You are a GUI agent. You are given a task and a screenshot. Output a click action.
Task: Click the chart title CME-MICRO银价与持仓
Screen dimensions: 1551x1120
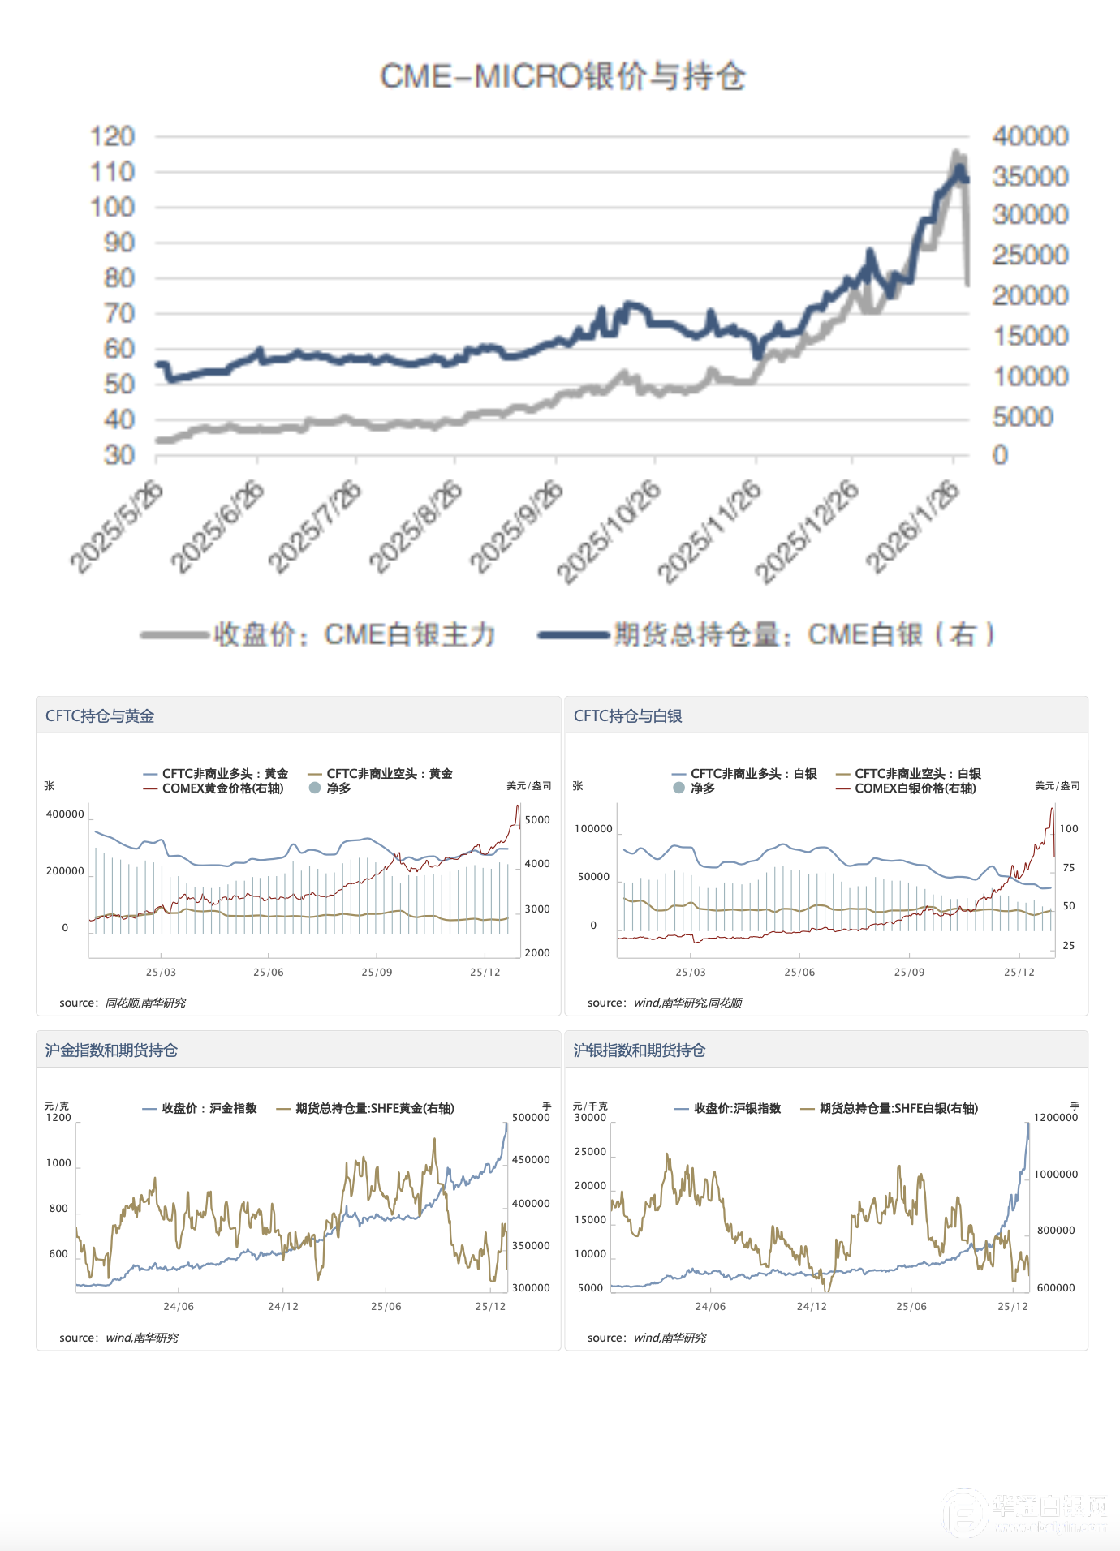pos(562,76)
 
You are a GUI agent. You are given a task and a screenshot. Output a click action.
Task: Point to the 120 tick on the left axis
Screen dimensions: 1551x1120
pos(112,136)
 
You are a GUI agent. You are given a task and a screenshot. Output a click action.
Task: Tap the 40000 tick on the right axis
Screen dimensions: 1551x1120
pos(1030,136)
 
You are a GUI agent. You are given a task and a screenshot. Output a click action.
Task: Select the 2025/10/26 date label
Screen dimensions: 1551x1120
pos(609,531)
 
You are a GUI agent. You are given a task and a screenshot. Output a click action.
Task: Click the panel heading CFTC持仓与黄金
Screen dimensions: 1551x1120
pos(100,715)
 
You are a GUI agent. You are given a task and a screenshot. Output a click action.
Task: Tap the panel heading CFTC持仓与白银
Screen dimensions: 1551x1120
pos(627,715)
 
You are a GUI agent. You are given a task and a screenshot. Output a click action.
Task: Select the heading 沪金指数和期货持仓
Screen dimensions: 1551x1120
pos(111,1050)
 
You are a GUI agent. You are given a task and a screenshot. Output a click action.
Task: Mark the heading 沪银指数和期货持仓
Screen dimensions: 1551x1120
pos(640,1050)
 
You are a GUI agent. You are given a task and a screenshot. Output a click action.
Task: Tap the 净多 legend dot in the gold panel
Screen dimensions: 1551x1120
pos(315,788)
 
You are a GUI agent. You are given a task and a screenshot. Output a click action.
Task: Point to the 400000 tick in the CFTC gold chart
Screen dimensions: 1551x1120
pos(65,814)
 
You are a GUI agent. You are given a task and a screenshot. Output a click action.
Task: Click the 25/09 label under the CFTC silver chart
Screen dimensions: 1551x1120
pos(909,972)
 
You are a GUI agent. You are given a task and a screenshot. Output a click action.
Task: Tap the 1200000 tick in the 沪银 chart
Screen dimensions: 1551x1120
pos(1055,1118)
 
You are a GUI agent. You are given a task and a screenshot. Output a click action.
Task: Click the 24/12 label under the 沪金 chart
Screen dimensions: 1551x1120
pos(283,1306)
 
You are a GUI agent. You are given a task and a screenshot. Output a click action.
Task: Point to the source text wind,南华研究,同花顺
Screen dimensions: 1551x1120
pos(687,1003)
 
